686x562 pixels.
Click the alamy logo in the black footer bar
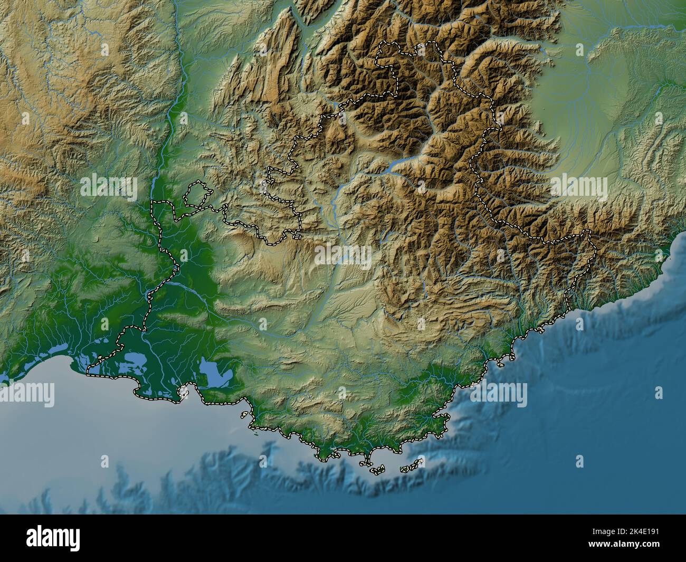[54, 538]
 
